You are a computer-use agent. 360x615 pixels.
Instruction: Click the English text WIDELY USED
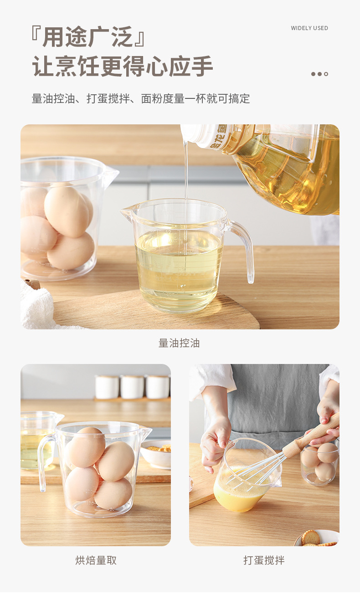click(x=309, y=28)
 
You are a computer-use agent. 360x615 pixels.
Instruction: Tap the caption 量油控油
click(x=179, y=343)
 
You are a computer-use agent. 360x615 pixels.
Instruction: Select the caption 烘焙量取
click(x=96, y=560)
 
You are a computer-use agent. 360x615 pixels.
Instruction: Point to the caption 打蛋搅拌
click(x=264, y=560)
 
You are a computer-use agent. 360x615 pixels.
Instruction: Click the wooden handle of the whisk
click(x=314, y=436)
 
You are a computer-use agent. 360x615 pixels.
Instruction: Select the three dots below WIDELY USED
click(x=319, y=74)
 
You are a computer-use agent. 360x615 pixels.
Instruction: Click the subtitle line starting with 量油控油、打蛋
click(x=141, y=98)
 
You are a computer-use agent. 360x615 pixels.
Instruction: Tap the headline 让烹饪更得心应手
click(x=123, y=67)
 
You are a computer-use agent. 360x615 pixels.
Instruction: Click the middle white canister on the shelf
click(x=132, y=387)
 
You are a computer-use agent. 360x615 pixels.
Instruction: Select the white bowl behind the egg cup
click(x=156, y=454)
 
